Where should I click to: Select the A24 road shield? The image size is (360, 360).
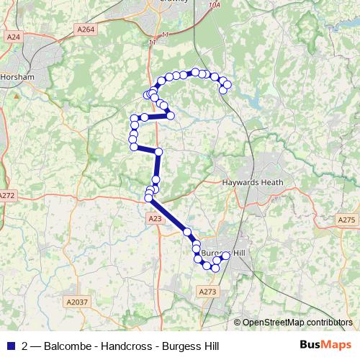point(12,37)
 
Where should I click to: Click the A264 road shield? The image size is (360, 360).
point(85,30)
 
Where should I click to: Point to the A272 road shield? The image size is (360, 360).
point(7,195)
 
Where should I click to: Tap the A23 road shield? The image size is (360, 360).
point(154,218)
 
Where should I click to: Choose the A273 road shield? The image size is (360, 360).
point(207,291)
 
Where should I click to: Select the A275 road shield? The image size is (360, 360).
point(346,220)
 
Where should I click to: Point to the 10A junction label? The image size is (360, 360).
point(213,24)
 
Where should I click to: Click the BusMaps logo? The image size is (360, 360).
point(326,346)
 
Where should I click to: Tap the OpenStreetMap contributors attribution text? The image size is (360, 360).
point(297,323)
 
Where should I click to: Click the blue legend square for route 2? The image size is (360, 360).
point(12,346)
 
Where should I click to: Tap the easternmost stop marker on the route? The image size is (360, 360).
point(228,85)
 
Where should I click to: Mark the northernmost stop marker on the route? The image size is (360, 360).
point(194,72)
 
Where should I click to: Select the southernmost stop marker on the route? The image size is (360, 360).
point(215,269)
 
